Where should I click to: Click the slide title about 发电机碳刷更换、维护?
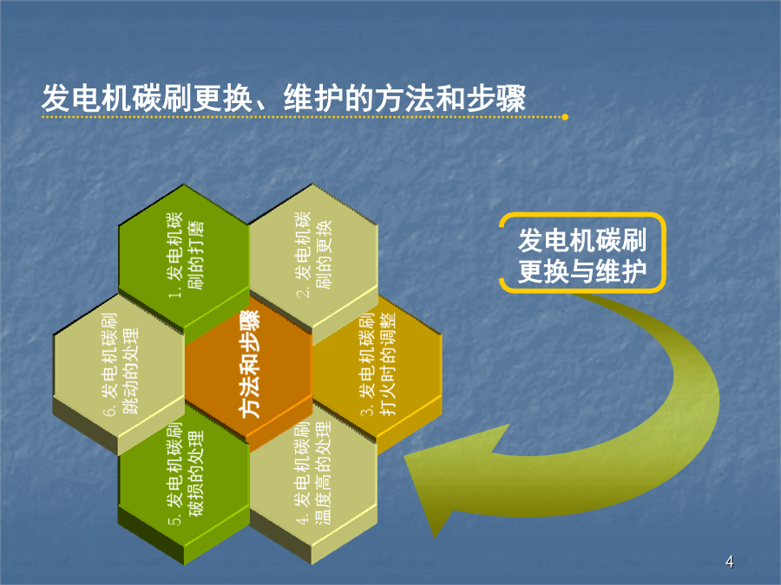click(284, 98)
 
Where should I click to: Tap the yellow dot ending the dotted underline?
click(565, 117)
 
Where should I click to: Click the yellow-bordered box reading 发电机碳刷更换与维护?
click(582, 253)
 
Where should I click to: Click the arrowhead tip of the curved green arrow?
click(435, 537)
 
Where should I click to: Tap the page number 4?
click(729, 562)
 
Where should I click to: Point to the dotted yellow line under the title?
click(303, 117)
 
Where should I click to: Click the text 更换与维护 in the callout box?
click(582, 271)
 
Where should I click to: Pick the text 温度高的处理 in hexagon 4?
click(323, 472)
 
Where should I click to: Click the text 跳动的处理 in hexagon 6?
click(130, 371)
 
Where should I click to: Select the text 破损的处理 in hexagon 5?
click(196, 473)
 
